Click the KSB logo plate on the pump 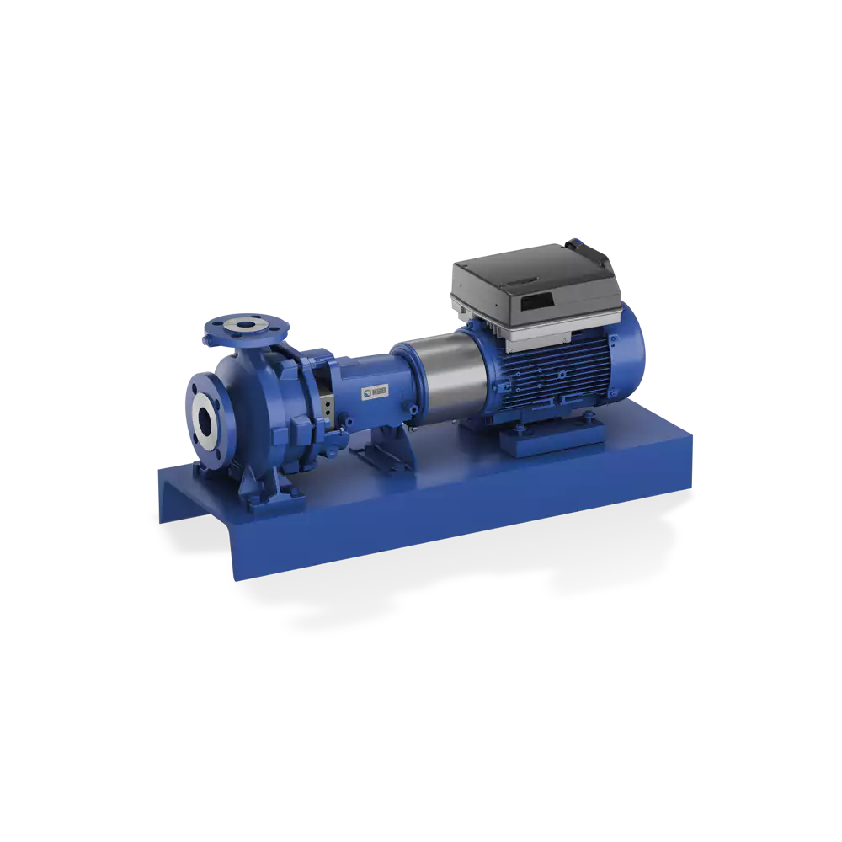tap(370, 392)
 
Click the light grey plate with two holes tap(322, 403)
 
